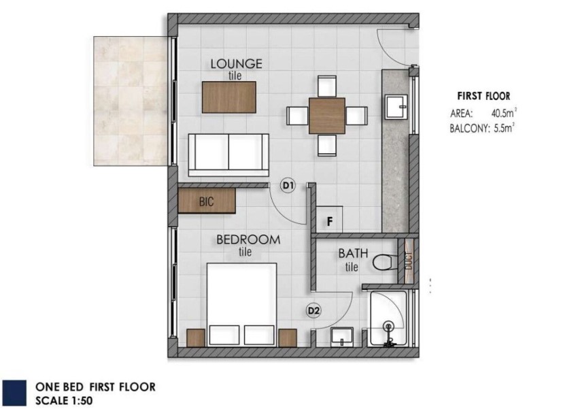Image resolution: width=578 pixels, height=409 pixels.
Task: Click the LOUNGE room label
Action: pyautogui.click(x=236, y=64)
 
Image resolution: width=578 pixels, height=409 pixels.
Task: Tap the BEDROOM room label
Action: pyautogui.click(x=248, y=240)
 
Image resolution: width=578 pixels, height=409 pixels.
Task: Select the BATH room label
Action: pyautogui.click(x=353, y=253)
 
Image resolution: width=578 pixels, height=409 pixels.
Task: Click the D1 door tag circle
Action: pyautogui.click(x=288, y=186)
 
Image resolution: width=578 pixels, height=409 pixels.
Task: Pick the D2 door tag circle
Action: pyautogui.click(x=313, y=311)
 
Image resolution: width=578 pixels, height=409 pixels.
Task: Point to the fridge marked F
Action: pyautogui.click(x=330, y=219)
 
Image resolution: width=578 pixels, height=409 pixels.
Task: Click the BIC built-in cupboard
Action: pyautogui.click(x=207, y=201)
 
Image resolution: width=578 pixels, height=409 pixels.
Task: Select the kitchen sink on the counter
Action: pyautogui.click(x=396, y=107)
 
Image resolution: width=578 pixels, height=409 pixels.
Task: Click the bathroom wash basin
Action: pyautogui.click(x=343, y=337)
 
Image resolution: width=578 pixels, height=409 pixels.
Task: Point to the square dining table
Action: pyautogui.click(x=326, y=116)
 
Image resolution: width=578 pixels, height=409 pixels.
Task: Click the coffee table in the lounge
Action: pyautogui.click(x=229, y=97)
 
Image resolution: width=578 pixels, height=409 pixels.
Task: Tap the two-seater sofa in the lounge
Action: pyautogui.click(x=228, y=155)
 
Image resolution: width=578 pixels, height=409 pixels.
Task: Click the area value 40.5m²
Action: pyautogui.click(x=503, y=112)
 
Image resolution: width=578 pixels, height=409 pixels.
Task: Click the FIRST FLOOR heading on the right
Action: pyautogui.click(x=483, y=96)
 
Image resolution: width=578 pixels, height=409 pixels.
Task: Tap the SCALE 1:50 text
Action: pyautogui.click(x=64, y=401)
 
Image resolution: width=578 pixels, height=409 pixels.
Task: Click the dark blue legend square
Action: pyautogui.click(x=14, y=393)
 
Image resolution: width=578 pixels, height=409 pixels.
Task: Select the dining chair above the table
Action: pyautogui.click(x=327, y=86)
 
